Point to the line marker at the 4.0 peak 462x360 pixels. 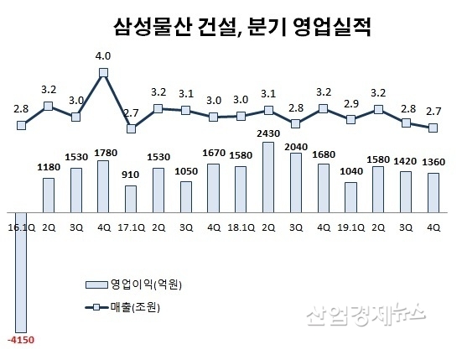pos(103,73)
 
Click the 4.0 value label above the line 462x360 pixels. pos(103,57)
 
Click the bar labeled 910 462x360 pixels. pos(131,198)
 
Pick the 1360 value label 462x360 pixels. pos(433,162)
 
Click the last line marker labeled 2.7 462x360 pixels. pos(433,128)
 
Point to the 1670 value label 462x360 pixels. pos(213,153)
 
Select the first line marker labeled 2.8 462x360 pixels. pos(21,126)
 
